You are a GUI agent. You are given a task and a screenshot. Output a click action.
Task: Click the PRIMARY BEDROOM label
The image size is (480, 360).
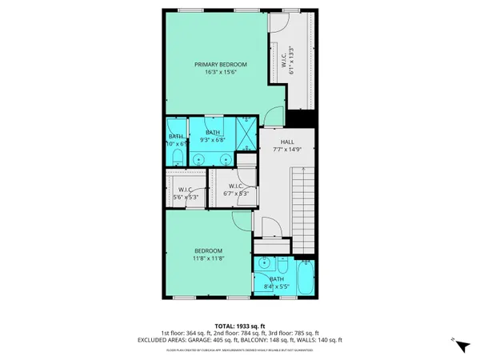[220, 64]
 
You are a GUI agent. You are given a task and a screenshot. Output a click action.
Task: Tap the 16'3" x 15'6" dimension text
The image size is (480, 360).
[220, 72]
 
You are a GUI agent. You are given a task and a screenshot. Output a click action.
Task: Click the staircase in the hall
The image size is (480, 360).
[303, 204]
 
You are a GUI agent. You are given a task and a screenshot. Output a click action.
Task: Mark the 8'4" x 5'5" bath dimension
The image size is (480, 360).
[275, 286]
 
